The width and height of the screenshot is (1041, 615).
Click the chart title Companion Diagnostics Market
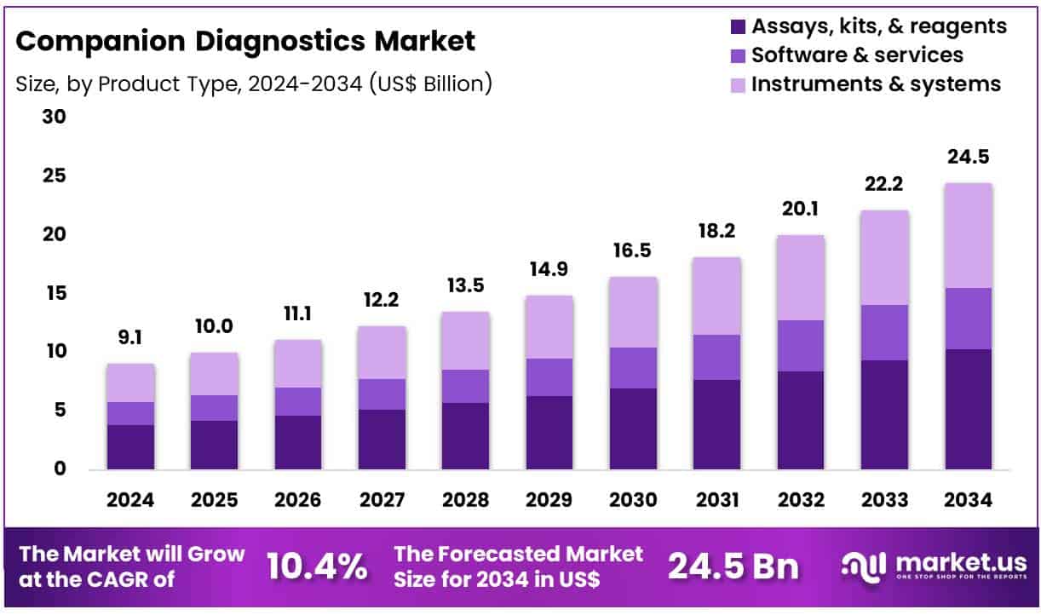246,40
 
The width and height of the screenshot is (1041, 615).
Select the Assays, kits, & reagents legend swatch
738,27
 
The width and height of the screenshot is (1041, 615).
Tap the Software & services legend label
857,55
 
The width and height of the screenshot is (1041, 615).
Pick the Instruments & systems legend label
876,84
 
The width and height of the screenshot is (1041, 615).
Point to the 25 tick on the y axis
54,176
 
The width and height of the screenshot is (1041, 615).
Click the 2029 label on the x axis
549,500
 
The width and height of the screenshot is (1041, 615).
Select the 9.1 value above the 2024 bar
130,338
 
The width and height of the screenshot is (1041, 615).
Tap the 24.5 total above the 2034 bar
969,157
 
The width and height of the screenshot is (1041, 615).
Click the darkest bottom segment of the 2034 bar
969,409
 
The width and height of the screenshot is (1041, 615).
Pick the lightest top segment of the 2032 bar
801,278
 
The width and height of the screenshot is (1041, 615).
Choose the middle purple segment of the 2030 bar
633,368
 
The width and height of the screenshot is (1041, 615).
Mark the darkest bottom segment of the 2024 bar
130,447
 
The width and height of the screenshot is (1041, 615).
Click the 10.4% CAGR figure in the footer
317,566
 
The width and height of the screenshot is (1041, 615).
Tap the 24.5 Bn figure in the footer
733,566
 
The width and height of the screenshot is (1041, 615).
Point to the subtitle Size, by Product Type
254,83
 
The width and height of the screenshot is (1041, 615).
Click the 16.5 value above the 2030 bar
633,251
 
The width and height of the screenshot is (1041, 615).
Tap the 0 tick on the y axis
60,469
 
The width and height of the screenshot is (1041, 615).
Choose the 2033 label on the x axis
885,500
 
